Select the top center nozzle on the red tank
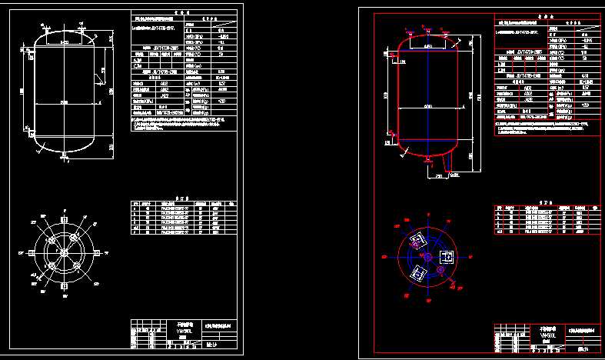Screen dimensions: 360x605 (x=428, y=30)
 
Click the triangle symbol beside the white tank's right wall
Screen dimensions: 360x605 (x=98, y=75)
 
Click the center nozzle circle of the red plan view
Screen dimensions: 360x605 (x=428, y=256)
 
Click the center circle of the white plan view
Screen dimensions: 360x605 (x=65, y=252)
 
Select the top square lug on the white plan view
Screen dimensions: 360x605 (x=65, y=219)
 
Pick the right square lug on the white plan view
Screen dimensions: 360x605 (x=98, y=252)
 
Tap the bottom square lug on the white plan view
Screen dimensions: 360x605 (x=65, y=285)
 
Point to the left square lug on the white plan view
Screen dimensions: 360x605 (x=32, y=252)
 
